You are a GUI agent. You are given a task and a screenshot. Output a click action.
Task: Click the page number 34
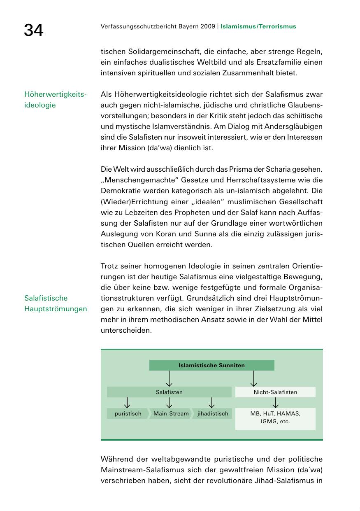point(33,30)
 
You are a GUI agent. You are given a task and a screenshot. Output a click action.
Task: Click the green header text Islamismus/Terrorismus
point(258,27)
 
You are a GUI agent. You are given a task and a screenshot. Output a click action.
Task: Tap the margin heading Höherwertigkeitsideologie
point(56,100)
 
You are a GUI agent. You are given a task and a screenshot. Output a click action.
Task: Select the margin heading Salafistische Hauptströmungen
point(56,303)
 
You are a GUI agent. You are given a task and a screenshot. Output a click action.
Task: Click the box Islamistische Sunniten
point(211,365)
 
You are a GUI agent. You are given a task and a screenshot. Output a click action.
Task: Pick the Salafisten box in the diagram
point(169,392)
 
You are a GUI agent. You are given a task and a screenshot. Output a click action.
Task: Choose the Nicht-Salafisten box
point(275,392)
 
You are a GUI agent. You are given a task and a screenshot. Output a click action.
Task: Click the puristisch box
point(128,413)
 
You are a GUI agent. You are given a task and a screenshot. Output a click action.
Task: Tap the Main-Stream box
point(171,413)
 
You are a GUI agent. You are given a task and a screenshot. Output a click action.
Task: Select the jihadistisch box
point(212,413)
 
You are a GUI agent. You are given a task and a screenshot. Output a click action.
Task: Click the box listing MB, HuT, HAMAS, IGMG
point(275,418)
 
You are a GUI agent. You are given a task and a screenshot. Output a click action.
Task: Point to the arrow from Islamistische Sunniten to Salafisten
point(169,378)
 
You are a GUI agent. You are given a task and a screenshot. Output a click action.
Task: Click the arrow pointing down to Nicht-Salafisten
point(253,378)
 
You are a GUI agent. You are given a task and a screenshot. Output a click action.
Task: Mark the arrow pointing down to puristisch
point(128,402)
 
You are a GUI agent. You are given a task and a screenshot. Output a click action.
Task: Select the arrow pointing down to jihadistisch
point(211,402)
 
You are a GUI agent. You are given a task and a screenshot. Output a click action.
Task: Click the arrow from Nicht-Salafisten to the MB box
point(275,402)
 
